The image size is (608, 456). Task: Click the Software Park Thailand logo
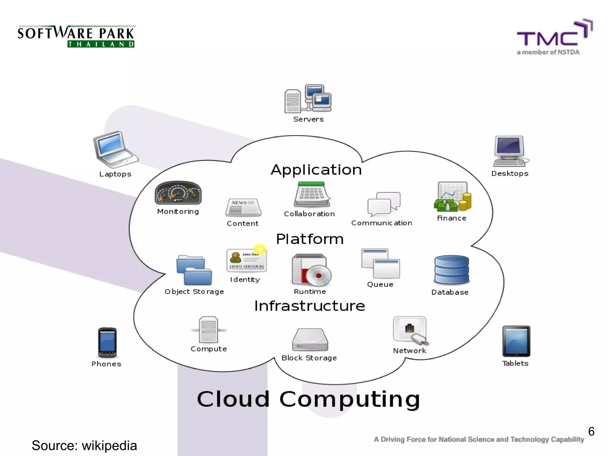[x=76, y=36]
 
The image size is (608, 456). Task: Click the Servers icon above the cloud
[x=308, y=99]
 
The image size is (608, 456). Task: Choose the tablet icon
[x=516, y=341]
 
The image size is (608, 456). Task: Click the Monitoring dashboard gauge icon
[x=178, y=193]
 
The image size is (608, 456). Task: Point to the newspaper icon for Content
[x=243, y=208]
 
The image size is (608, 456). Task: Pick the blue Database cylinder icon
[x=451, y=270]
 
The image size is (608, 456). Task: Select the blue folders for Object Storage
[x=194, y=270]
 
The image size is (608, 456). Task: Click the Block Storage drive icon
[x=310, y=340]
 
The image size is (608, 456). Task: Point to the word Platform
[x=310, y=239]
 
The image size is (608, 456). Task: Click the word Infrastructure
[x=310, y=306]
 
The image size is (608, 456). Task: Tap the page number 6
[x=591, y=431]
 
